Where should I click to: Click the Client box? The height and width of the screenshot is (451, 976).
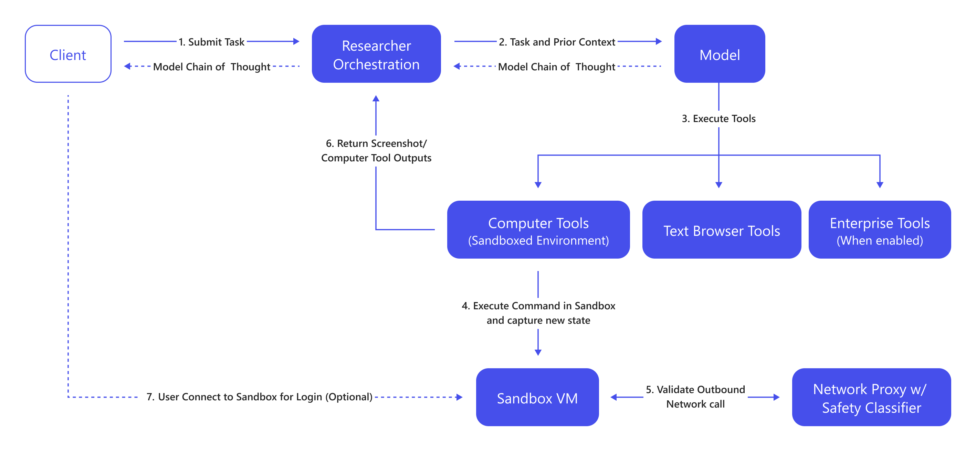pos(68,54)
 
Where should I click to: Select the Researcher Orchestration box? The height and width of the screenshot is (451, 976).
pos(376,54)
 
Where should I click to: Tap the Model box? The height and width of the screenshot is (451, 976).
pos(719,54)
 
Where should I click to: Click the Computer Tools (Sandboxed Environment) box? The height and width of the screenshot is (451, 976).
pos(538,230)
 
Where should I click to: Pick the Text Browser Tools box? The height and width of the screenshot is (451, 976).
pos(721,230)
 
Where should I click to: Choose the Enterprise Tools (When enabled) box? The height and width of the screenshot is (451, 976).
pos(879,230)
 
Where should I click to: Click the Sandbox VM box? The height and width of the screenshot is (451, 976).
pos(537,397)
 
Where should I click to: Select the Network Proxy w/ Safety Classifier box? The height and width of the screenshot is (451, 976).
pos(871,397)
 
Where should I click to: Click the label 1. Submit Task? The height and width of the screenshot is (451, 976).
pos(211,42)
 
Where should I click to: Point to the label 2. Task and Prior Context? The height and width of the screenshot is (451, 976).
pos(557,42)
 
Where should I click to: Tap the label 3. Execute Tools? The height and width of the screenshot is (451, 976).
pos(718,118)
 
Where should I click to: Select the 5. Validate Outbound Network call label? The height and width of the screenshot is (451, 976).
pos(695,397)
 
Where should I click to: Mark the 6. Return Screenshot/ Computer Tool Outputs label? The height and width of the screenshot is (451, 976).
pos(376,150)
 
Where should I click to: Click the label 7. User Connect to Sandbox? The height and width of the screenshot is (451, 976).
pos(259,397)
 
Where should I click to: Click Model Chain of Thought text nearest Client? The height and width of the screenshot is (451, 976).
pos(211,67)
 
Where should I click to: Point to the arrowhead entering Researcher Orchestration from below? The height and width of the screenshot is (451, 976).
pos(376,99)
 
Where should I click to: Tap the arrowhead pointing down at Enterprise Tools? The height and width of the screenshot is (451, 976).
pos(880,185)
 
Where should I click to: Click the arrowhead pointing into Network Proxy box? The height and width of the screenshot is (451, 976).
pos(776,397)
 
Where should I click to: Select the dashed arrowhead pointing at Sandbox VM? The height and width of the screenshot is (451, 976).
pos(459,397)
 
